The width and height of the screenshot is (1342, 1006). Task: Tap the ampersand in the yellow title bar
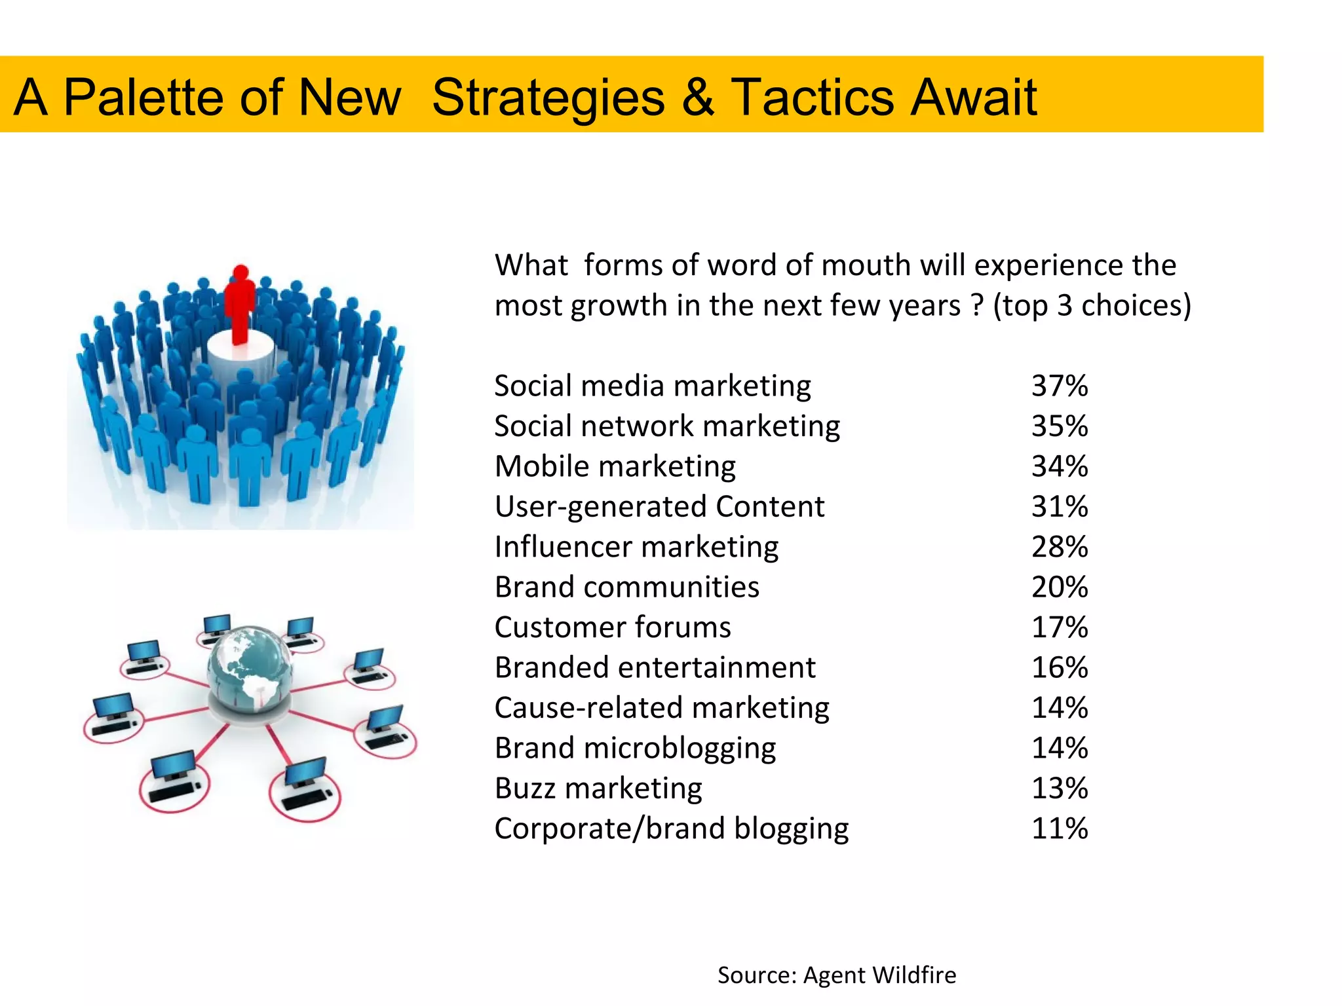(x=697, y=98)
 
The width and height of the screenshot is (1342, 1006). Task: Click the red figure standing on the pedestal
(x=240, y=305)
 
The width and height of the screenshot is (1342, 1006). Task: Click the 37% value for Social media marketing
(x=1059, y=386)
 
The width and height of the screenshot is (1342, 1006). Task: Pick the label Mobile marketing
(x=615, y=466)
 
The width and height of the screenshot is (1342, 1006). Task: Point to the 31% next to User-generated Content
(x=1059, y=506)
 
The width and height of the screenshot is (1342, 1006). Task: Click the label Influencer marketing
(x=636, y=547)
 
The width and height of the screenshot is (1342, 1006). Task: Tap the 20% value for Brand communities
(x=1059, y=587)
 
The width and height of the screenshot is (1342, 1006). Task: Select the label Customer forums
(x=612, y=627)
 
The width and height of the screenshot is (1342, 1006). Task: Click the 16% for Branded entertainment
(x=1059, y=667)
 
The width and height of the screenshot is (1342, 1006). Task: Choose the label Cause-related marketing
(x=661, y=708)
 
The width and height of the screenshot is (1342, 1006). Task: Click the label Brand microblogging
(x=635, y=748)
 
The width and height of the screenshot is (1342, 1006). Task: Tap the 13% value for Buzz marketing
(x=1059, y=788)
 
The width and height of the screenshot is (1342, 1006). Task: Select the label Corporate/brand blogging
(x=671, y=829)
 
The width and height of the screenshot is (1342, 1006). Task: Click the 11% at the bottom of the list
(x=1059, y=829)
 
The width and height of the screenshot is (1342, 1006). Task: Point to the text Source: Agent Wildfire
(x=836, y=975)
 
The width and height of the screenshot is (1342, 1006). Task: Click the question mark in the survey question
(x=977, y=306)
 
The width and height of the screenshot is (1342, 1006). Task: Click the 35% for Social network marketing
(x=1059, y=426)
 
